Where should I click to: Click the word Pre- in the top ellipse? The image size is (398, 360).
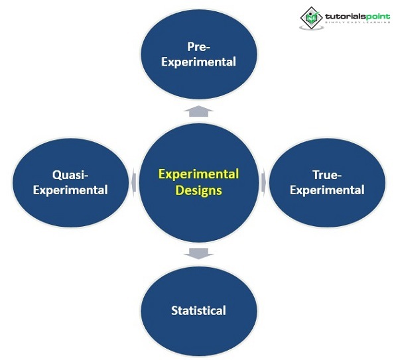point(199,46)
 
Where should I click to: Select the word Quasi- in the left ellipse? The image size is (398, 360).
point(70,174)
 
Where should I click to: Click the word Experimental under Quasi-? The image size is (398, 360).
point(70,190)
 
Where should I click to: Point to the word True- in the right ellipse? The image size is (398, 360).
point(327,174)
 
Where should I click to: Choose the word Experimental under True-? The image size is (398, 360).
point(327,190)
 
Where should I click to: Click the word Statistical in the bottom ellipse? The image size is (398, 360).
point(198,310)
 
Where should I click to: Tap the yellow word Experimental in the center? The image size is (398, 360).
point(198,174)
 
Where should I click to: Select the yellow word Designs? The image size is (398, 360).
point(198,191)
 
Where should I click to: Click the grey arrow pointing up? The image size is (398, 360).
point(199,110)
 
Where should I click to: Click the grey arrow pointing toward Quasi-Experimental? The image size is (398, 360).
point(135,182)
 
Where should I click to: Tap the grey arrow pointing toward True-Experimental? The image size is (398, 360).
point(263,181)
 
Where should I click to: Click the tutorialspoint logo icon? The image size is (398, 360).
point(310,17)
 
